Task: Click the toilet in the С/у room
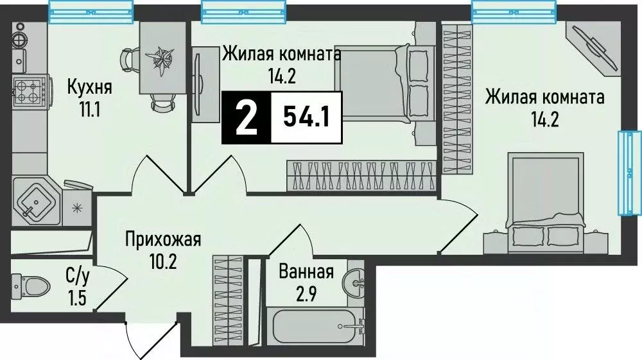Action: tap(31, 284)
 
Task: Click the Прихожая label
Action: tap(163, 241)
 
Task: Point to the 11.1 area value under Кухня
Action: tap(89, 109)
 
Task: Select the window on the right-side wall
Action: tap(629, 173)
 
